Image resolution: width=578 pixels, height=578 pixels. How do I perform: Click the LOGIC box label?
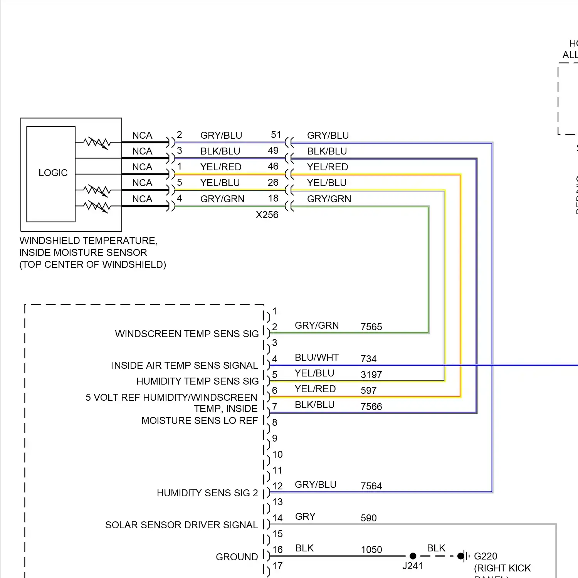53,173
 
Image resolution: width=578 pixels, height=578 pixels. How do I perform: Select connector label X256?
267,215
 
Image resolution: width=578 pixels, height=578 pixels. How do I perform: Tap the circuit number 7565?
371,327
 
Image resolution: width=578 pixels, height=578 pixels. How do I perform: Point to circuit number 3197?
371,375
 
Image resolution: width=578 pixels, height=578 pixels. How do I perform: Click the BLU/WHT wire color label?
316,357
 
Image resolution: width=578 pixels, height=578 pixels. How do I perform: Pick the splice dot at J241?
413,556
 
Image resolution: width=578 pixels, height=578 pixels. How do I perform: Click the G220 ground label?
485,556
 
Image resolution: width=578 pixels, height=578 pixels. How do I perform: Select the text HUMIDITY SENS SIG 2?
207,493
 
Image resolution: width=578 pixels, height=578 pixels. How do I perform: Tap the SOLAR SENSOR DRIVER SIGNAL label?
181,525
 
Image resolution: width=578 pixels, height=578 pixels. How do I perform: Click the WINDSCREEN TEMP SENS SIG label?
187,334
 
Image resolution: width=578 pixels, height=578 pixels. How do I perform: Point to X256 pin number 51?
276,135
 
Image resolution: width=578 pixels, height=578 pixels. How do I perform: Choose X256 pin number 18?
273,198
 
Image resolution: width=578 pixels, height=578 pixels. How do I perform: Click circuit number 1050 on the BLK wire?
371,549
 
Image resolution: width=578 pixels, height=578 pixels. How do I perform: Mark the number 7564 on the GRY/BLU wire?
371,486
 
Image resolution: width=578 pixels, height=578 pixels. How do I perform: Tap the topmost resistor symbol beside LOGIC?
97,143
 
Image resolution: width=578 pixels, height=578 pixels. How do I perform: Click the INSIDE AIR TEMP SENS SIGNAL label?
184,365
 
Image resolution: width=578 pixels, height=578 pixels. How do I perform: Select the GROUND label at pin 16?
237,557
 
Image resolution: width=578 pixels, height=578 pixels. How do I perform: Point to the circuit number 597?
368,390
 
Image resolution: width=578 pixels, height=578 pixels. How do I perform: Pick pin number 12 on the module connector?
277,486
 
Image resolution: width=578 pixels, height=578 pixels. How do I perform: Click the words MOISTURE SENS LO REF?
199,420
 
